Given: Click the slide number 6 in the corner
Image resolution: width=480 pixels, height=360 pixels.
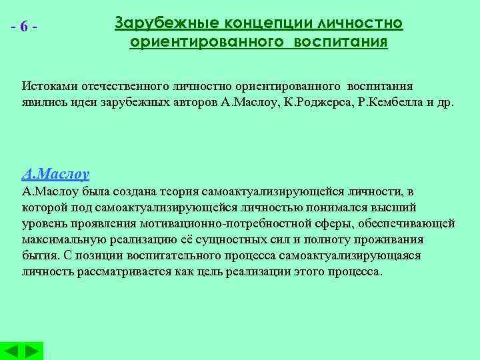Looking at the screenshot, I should click(x=24, y=27).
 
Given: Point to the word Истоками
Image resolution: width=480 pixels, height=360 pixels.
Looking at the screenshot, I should click(x=45, y=87).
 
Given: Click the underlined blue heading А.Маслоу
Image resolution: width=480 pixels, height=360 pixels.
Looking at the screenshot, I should click(x=55, y=175).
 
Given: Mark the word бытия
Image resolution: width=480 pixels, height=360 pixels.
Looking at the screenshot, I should click(x=37, y=256).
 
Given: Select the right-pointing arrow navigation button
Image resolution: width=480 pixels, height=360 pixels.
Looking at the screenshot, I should click(x=31, y=351).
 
